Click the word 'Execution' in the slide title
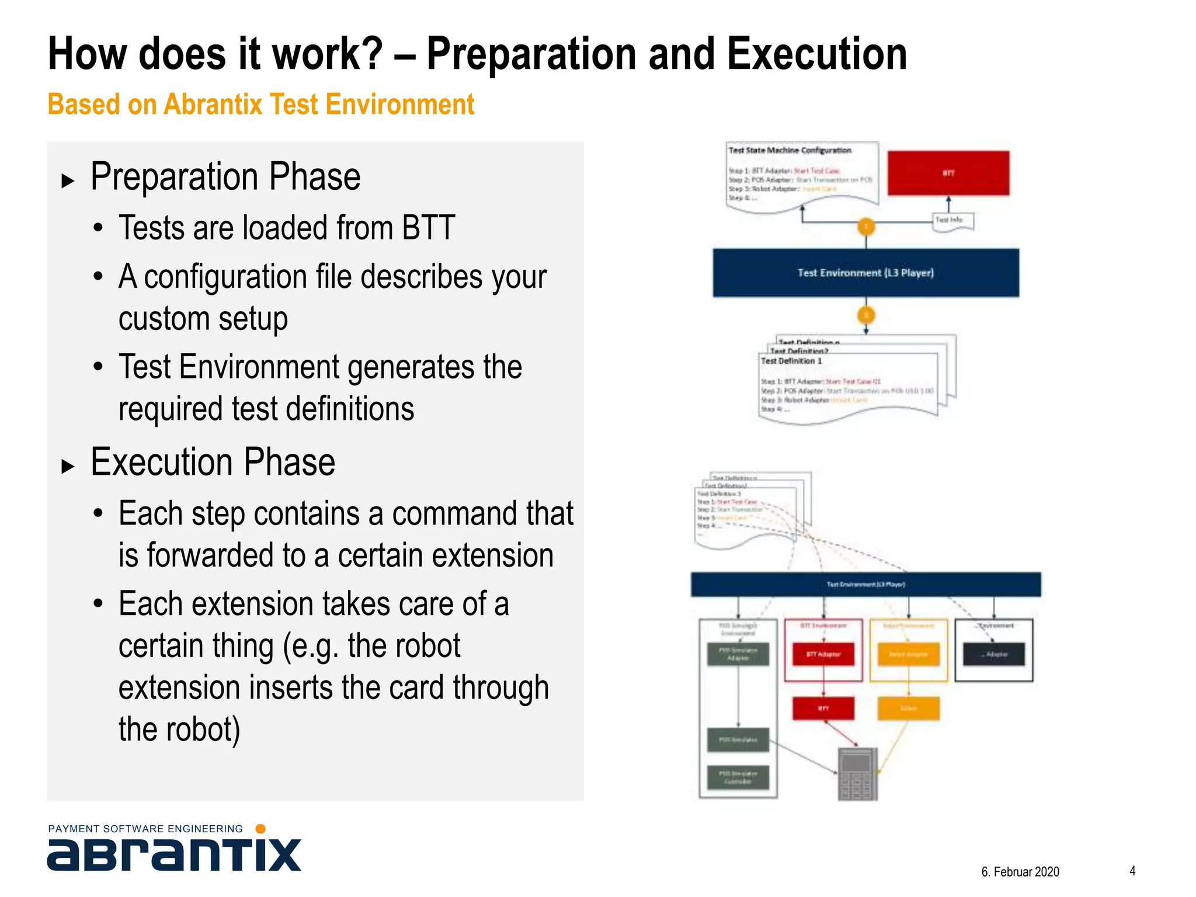pyautogui.click(x=816, y=54)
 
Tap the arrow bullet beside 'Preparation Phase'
pyautogui.click(x=68, y=181)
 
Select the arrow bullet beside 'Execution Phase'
pyautogui.click(x=68, y=466)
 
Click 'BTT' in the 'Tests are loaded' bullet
pyautogui.click(x=428, y=228)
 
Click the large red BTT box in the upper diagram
pyautogui.click(x=948, y=173)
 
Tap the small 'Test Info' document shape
pyautogui.click(x=952, y=221)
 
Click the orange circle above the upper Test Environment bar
pyautogui.click(x=866, y=227)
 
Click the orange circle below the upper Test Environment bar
pyautogui.click(x=866, y=315)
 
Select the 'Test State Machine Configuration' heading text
pyautogui.click(x=790, y=150)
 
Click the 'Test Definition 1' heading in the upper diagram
pyautogui.click(x=791, y=361)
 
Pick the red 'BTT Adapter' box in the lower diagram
pyautogui.click(x=823, y=654)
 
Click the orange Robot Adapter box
pyautogui.click(x=909, y=654)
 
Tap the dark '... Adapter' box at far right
pyautogui.click(x=993, y=654)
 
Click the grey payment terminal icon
pyautogui.click(x=858, y=774)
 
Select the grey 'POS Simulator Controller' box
pyautogui.click(x=738, y=777)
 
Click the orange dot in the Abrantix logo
pyautogui.click(x=260, y=829)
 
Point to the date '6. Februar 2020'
pyautogui.click(x=1020, y=872)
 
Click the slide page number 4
pyautogui.click(x=1132, y=871)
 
